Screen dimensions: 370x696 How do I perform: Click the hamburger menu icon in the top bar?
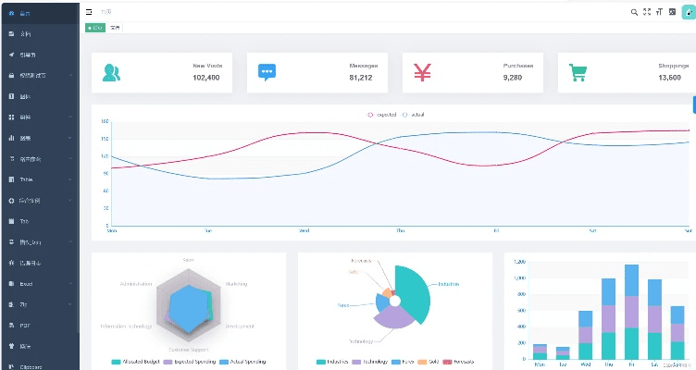click(89, 12)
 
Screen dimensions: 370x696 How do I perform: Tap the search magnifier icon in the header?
click(634, 12)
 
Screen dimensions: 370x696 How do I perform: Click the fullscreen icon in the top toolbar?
click(647, 12)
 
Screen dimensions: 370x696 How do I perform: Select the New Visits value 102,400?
click(205, 78)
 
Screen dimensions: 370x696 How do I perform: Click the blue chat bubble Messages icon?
click(267, 72)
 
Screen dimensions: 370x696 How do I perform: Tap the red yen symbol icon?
click(422, 72)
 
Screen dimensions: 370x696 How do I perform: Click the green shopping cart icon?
click(578, 72)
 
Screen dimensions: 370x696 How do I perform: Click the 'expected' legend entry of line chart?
click(382, 115)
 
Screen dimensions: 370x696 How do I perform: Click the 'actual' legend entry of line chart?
click(414, 115)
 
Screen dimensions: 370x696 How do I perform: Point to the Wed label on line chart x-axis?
click(304, 230)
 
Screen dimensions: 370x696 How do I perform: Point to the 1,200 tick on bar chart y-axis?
click(519, 263)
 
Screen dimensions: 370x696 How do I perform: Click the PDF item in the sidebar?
click(26, 326)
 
